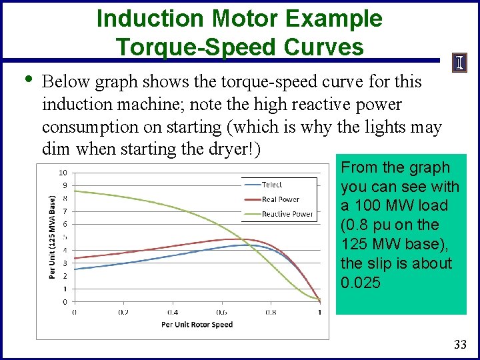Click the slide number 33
click(x=459, y=345)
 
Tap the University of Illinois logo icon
click(x=459, y=63)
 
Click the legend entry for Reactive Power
click(x=287, y=214)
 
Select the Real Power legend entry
click(x=281, y=199)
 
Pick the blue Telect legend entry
click(x=272, y=185)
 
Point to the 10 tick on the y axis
click(x=63, y=173)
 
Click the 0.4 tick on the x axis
click(x=172, y=312)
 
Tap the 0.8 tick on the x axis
click(x=271, y=312)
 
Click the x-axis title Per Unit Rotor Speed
click(x=197, y=325)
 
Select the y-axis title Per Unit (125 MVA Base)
click(x=53, y=237)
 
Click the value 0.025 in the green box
click(x=361, y=283)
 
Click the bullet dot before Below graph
click(x=27, y=79)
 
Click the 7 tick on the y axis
click(x=64, y=211)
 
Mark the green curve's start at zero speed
click(x=74, y=191)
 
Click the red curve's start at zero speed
click(x=74, y=258)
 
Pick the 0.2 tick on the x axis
click(x=123, y=312)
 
